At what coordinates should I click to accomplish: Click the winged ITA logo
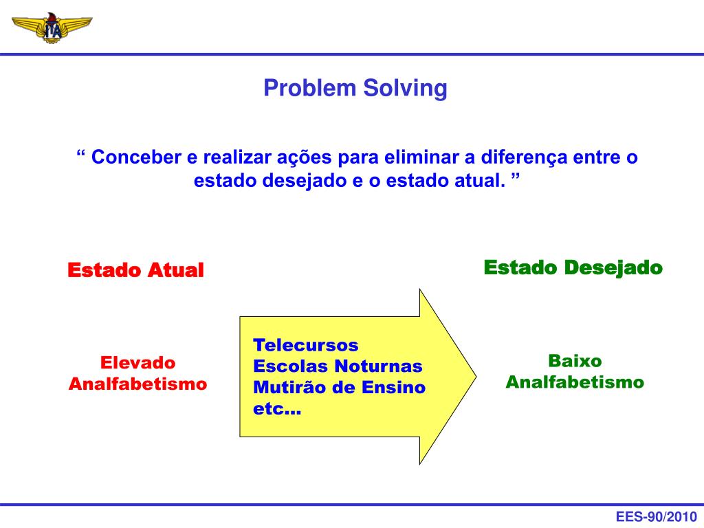tap(52, 27)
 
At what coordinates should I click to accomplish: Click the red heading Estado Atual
tap(135, 270)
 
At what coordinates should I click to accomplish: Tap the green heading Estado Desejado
tap(573, 267)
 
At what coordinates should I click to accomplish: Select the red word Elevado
tap(138, 362)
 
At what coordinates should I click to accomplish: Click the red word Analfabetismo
tap(137, 384)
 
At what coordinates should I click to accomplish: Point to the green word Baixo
tap(575, 361)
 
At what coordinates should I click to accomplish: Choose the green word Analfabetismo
tap(575, 382)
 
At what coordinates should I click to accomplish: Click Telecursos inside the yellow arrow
tap(306, 344)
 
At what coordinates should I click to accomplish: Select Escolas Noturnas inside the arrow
tap(338, 366)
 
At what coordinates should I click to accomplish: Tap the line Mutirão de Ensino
tap(340, 387)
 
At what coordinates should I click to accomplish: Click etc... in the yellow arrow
tap(277, 409)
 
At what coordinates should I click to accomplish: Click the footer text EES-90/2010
tap(656, 517)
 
